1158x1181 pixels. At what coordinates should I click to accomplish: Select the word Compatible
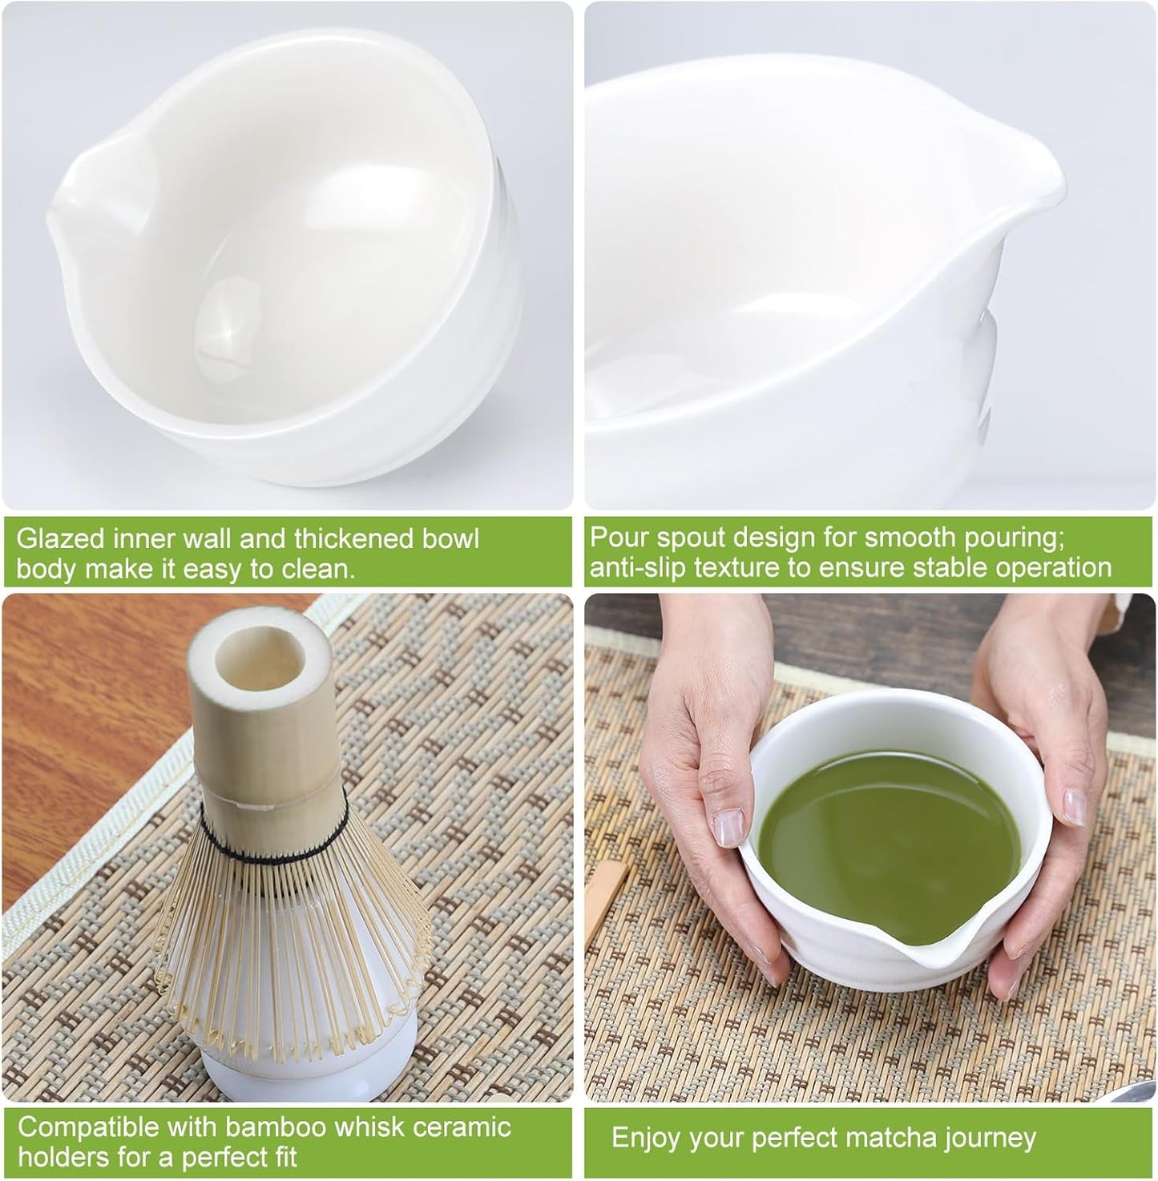click(88, 1127)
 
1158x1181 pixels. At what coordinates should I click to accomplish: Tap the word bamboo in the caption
click(274, 1127)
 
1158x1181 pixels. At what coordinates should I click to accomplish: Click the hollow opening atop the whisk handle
click(262, 662)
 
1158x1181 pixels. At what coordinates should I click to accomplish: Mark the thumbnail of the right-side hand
click(1072, 799)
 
